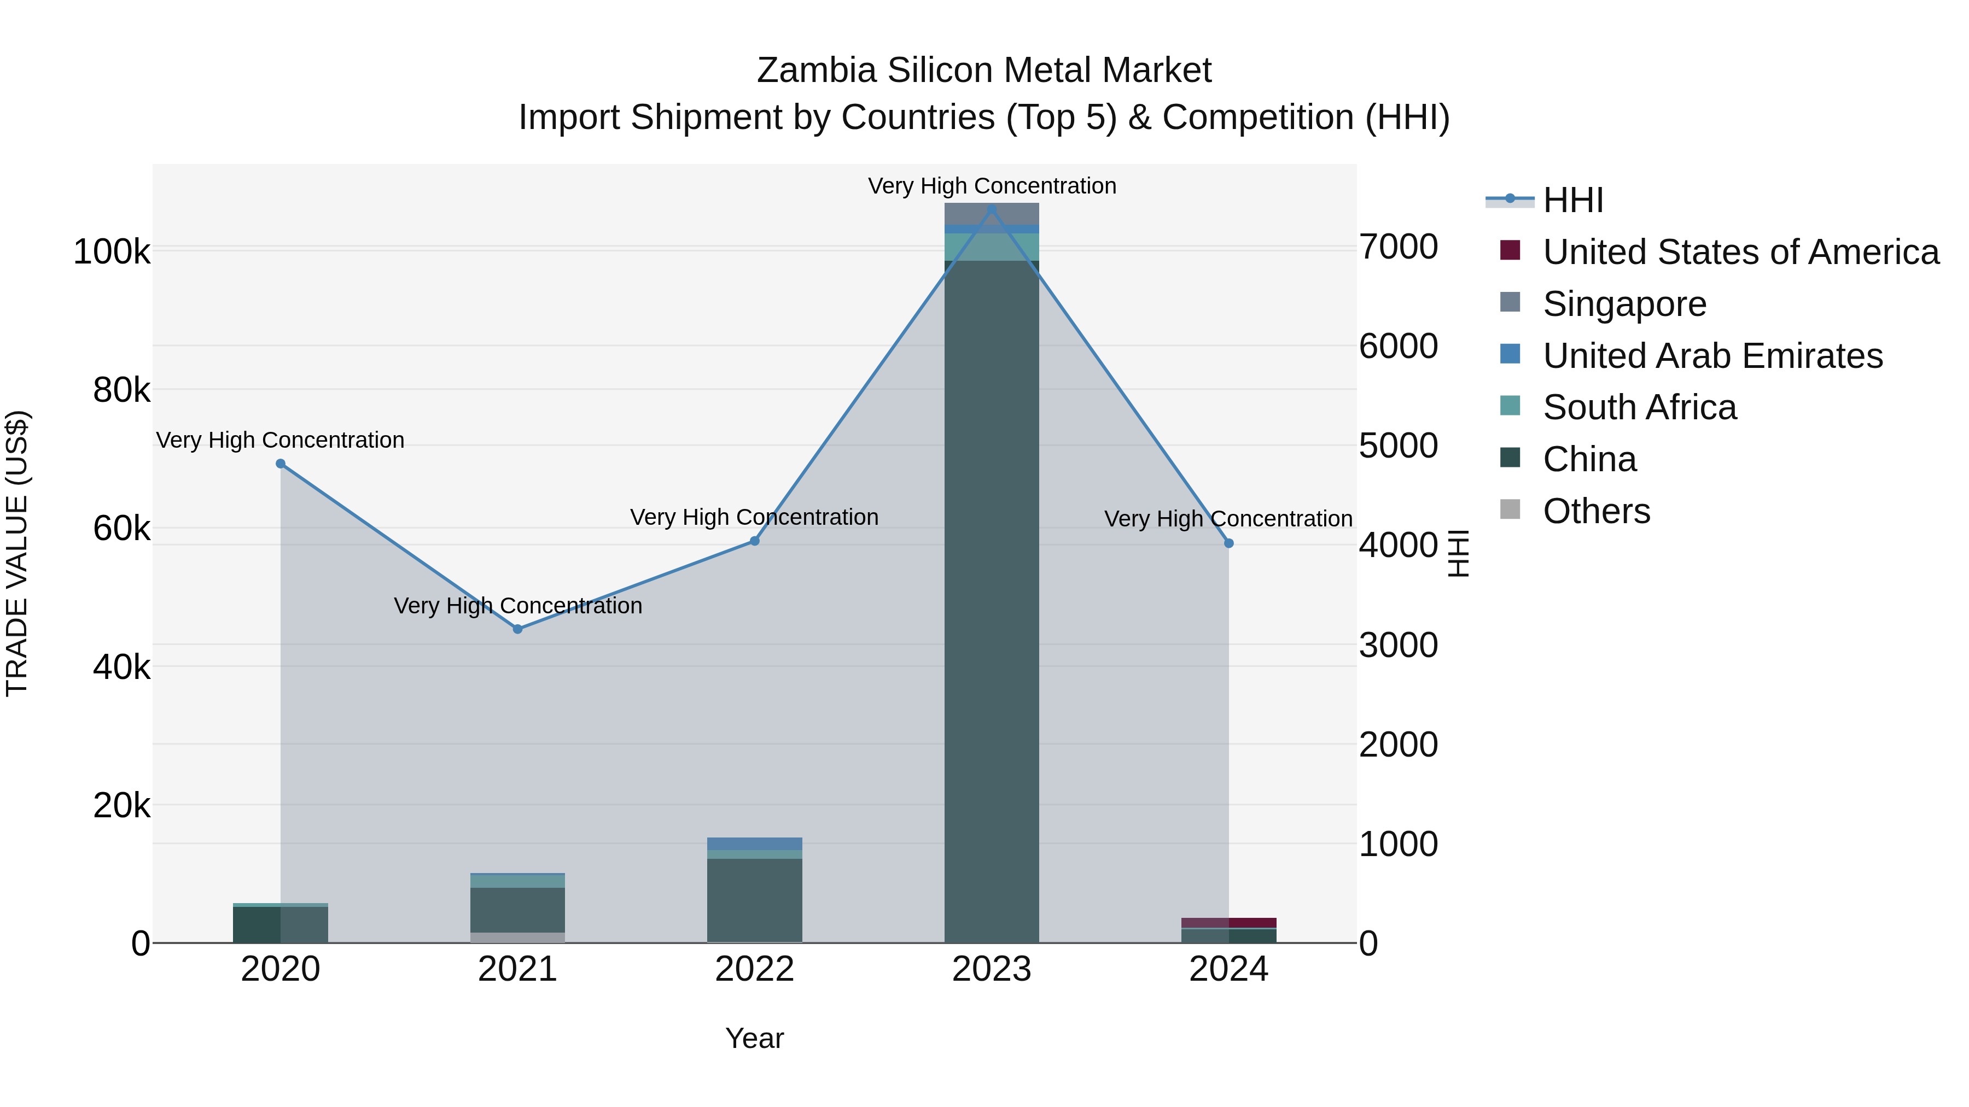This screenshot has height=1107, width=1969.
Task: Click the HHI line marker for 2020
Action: tap(281, 464)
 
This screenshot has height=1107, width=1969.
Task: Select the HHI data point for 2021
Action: tap(517, 629)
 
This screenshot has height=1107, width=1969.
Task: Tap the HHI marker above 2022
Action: tap(754, 541)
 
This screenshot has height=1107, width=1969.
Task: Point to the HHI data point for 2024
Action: tap(1228, 543)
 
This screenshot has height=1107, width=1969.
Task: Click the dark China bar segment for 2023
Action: tap(992, 611)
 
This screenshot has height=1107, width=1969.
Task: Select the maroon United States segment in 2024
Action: tap(1228, 923)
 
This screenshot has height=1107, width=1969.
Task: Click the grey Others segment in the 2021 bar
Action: tap(517, 938)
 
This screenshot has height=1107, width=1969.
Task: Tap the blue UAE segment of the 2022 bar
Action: tap(754, 844)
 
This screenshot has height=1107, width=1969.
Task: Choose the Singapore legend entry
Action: tap(1624, 304)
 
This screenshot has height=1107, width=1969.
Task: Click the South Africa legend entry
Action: tap(1640, 407)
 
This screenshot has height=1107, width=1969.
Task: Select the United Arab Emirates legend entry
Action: tap(1712, 356)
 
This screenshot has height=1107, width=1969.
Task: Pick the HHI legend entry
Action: tap(1572, 200)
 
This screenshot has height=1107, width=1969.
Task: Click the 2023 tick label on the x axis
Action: tap(992, 969)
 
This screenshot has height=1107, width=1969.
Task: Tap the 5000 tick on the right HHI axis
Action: tap(1398, 446)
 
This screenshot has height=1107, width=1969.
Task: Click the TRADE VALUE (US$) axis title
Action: tap(18, 553)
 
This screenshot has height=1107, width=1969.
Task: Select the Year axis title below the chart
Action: tap(754, 1038)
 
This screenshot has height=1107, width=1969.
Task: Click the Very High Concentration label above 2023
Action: tap(992, 186)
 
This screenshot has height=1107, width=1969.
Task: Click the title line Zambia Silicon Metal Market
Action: tap(984, 71)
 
